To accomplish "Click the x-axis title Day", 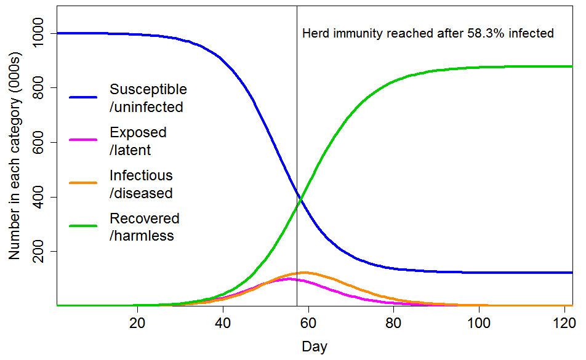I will click(x=315, y=346).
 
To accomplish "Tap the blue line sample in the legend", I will click(x=83, y=97).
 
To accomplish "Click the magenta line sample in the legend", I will click(x=83, y=140).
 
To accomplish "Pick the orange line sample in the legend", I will click(x=83, y=183).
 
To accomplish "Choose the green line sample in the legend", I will click(x=83, y=226).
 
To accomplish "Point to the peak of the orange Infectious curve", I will click(x=303, y=272).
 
